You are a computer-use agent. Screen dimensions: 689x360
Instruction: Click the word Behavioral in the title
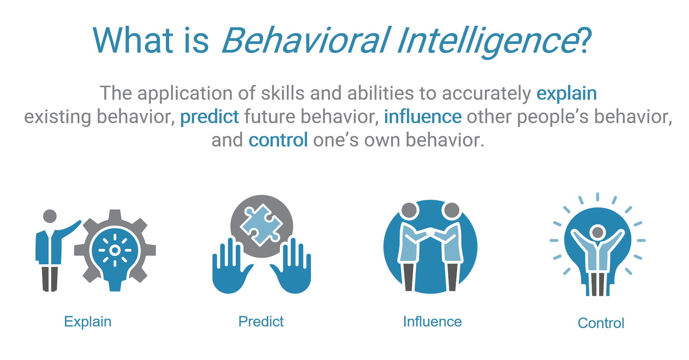[306, 40]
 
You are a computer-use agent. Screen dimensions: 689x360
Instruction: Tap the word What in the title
[133, 40]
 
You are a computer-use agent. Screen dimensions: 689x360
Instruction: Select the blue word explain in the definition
[567, 94]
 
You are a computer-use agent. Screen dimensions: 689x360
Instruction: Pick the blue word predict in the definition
[210, 117]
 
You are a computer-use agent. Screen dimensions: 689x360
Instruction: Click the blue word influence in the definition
[423, 116]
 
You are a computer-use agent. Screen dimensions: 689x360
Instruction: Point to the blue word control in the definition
[278, 140]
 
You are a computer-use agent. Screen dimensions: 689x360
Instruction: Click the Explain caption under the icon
[88, 322]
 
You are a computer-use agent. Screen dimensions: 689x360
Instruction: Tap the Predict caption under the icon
[261, 321]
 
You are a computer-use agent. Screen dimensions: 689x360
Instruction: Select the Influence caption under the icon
[432, 321]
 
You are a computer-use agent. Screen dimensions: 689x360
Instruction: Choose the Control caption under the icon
[601, 323]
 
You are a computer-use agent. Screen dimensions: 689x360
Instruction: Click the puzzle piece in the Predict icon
[261, 225]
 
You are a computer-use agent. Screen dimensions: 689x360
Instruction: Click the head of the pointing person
[50, 216]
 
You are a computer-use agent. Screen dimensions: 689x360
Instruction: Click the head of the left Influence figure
[410, 211]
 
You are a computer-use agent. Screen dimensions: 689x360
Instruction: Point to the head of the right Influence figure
[452, 211]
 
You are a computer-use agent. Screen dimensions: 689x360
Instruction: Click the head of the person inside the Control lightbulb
[597, 232]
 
